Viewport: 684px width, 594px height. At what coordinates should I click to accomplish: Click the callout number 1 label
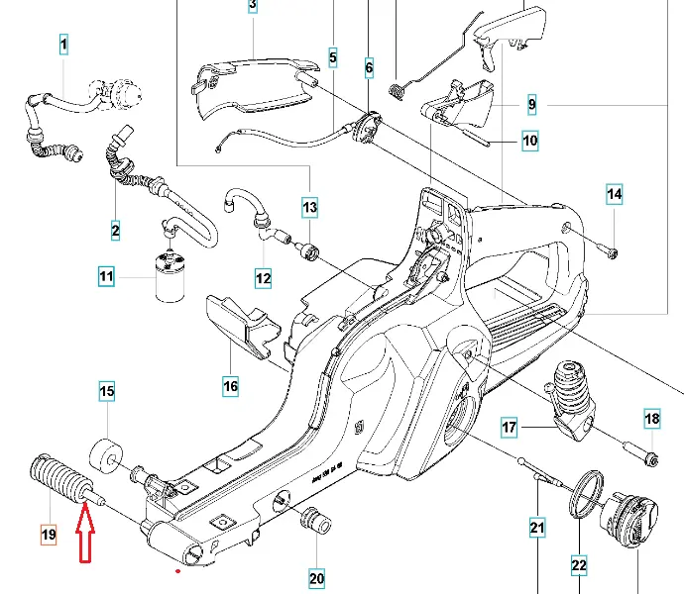click(x=63, y=45)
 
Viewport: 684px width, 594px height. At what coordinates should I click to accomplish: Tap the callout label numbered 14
click(x=615, y=195)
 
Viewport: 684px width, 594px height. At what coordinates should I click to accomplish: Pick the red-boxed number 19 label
click(x=49, y=535)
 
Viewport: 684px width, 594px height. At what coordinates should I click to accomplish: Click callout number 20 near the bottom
click(x=317, y=578)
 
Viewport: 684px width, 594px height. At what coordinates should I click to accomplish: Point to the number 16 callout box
click(x=230, y=385)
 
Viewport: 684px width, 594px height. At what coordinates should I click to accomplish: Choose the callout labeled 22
click(x=579, y=565)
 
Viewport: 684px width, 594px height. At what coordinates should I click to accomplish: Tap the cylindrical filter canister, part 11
click(x=171, y=276)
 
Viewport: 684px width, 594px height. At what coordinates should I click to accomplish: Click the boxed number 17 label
click(x=510, y=428)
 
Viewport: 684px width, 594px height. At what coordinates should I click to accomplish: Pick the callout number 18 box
click(x=651, y=419)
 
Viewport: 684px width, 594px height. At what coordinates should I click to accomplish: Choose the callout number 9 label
click(x=531, y=103)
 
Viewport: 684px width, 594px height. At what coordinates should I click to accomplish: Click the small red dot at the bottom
click(x=177, y=571)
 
